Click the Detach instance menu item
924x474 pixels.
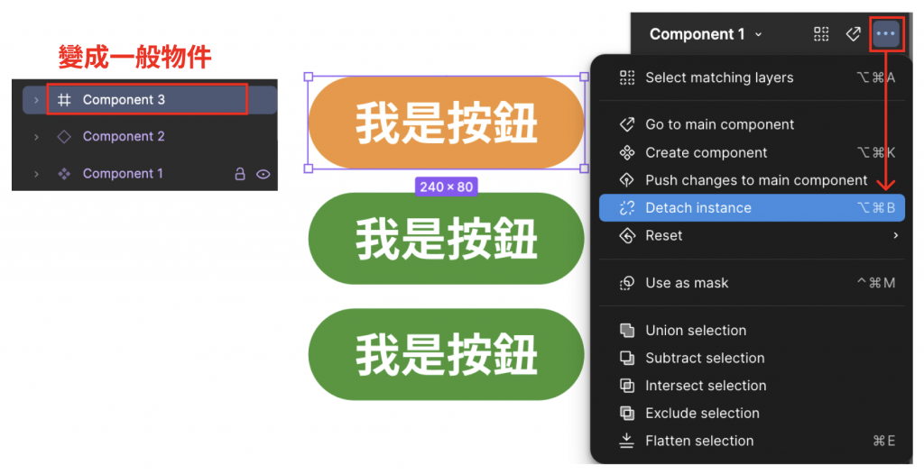click(698, 208)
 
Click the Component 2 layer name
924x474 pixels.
click(124, 137)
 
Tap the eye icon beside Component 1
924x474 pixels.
click(263, 174)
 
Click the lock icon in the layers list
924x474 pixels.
click(240, 174)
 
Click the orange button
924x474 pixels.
click(447, 123)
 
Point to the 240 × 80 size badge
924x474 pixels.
click(447, 187)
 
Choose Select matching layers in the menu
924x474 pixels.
click(719, 77)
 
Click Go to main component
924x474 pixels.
click(719, 124)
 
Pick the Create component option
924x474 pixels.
click(706, 152)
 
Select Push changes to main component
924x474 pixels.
click(756, 180)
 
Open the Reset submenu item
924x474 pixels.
click(664, 236)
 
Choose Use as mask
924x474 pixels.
click(687, 283)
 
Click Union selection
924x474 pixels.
click(696, 331)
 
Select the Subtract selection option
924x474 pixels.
click(705, 358)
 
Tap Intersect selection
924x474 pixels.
click(706, 386)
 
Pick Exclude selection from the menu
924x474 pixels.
click(702, 414)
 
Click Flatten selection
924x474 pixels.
click(699, 441)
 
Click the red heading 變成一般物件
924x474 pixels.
click(134, 58)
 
